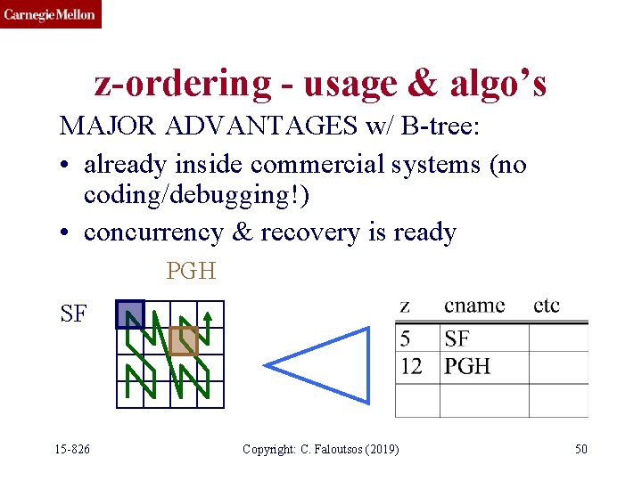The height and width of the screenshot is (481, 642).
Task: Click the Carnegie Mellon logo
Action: click(x=50, y=14)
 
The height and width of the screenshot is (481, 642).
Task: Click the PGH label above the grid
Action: click(x=191, y=271)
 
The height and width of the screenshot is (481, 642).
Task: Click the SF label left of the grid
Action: click(x=73, y=314)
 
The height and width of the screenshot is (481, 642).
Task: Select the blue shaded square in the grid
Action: click(x=130, y=314)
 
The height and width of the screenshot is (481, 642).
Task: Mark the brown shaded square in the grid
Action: click(x=184, y=340)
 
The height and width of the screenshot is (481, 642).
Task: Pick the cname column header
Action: click(x=474, y=306)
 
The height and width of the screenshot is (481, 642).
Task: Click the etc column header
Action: click(x=547, y=306)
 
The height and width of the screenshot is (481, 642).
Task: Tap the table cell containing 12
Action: click(x=411, y=366)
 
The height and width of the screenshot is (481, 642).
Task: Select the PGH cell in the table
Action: click(x=467, y=366)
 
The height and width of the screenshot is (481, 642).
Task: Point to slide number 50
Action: click(x=580, y=449)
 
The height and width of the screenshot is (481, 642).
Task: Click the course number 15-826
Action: click(x=72, y=449)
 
